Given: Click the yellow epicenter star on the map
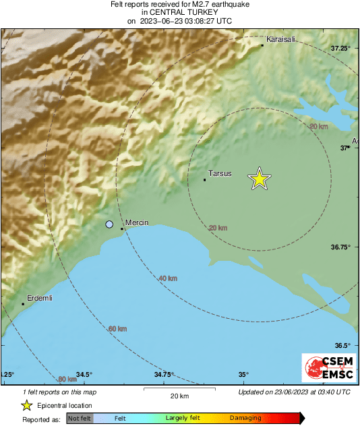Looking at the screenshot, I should tap(259, 179).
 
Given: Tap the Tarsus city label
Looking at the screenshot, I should tap(220, 173).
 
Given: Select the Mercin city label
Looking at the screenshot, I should tap(137, 223).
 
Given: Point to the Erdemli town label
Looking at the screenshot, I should tap(39, 298).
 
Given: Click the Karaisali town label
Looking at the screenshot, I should tap(281, 40).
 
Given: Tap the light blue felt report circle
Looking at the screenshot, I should tap(109, 224).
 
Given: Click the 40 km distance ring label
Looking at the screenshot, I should tap(168, 278).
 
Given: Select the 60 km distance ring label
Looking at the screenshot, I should tap(117, 329).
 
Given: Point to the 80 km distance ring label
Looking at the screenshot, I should tap(67, 379).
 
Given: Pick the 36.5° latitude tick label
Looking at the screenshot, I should tap(344, 345).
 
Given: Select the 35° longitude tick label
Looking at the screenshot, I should tap(243, 375).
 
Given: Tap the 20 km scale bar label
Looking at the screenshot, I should tap(179, 396).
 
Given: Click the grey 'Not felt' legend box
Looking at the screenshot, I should tap(80, 419).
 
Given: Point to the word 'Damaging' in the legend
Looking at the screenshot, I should tap(245, 419).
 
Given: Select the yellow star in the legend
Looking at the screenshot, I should tap(26, 406).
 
